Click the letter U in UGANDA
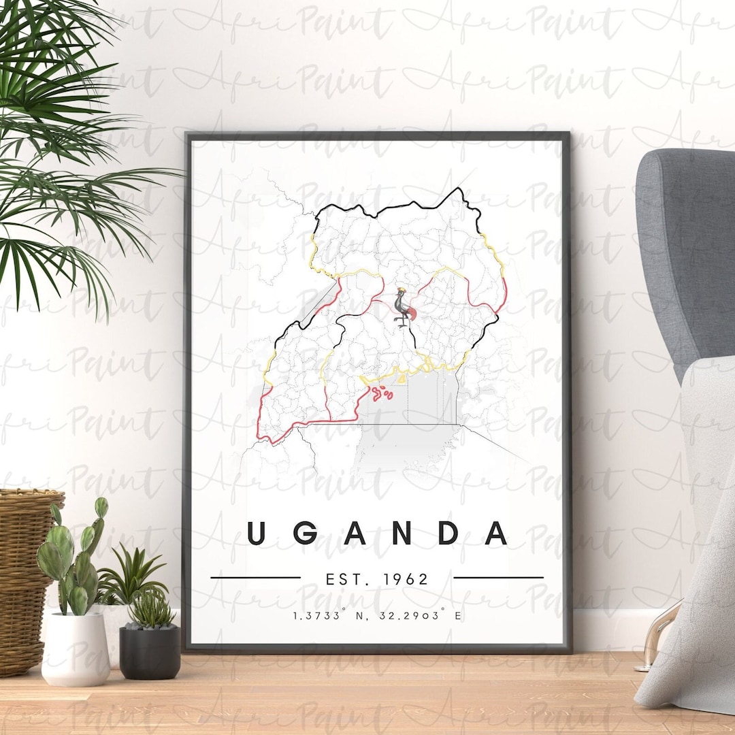[x=256, y=533]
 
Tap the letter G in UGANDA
[x=304, y=533]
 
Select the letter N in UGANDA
[x=402, y=533]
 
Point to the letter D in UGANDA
[x=448, y=533]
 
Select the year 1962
[x=406, y=579]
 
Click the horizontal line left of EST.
[x=255, y=578]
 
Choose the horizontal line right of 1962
[x=498, y=578]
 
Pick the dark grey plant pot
[x=150, y=652]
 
